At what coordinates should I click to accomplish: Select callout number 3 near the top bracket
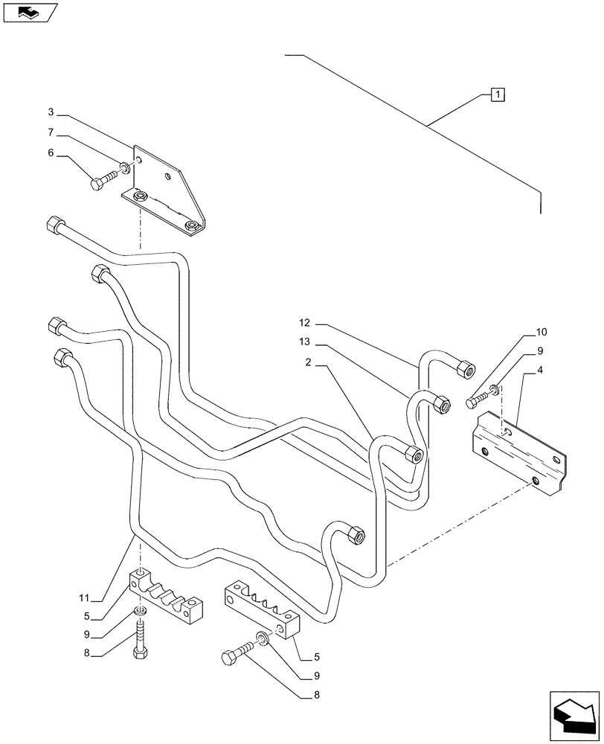[51, 112]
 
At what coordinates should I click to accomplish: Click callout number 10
[540, 331]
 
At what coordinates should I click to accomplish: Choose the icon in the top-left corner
[28, 12]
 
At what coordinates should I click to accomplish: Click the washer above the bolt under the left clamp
[139, 612]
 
